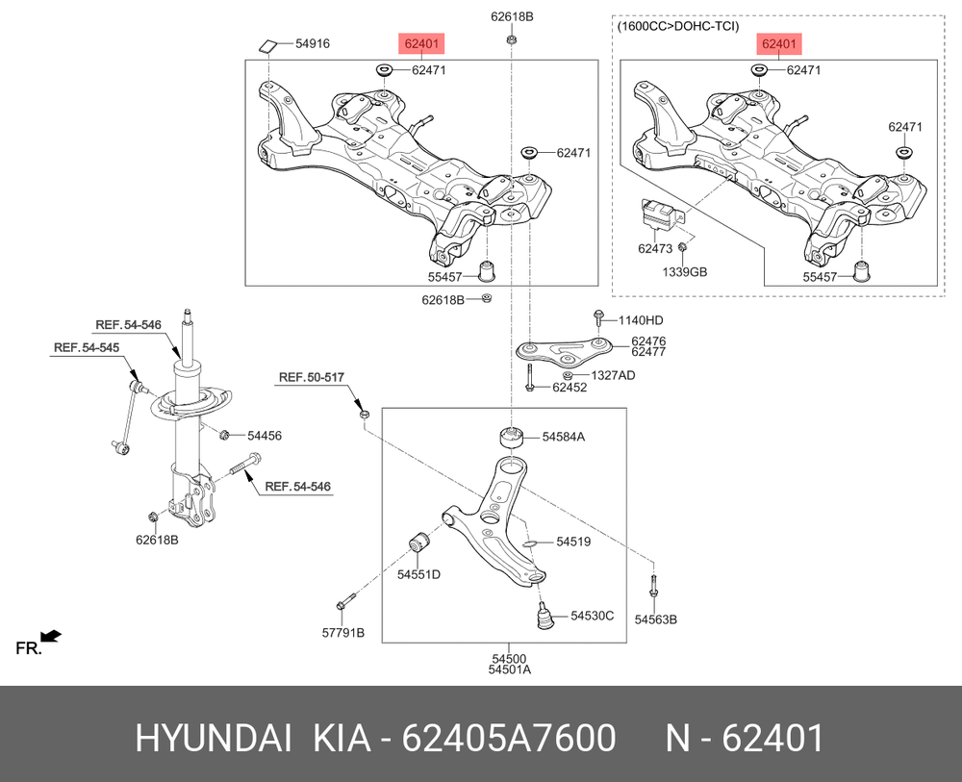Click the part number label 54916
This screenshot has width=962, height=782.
click(x=312, y=43)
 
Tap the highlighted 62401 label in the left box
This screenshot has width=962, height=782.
click(x=422, y=43)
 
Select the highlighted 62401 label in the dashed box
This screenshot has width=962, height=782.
click(x=778, y=43)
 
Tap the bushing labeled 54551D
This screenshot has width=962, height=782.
click(x=418, y=543)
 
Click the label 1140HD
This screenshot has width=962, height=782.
click(x=641, y=319)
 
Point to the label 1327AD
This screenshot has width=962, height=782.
click(x=612, y=375)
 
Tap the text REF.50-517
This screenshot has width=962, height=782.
click(x=305, y=376)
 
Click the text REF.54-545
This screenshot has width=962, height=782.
click(x=86, y=347)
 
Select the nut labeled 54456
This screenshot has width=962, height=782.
click(x=223, y=436)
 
